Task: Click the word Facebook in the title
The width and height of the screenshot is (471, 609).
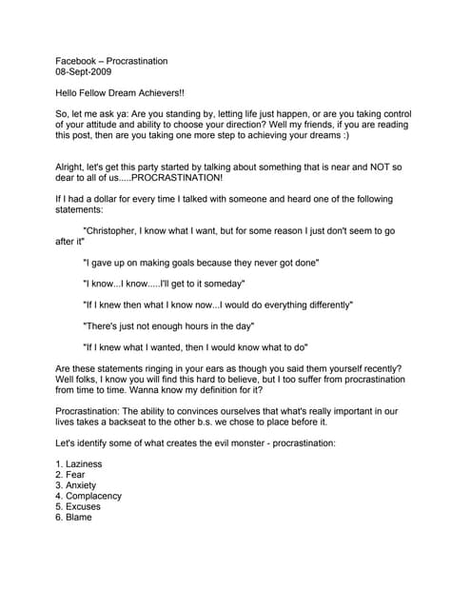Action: [x=78, y=61]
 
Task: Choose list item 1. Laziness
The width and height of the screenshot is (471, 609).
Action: [x=79, y=464]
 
